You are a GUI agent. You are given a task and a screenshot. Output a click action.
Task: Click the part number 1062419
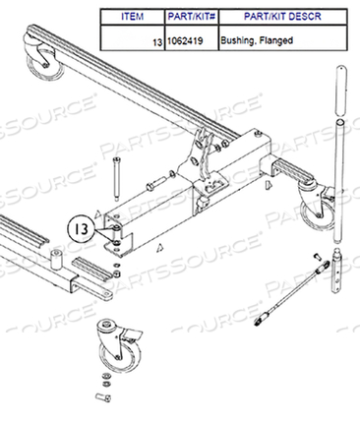(x=187, y=44)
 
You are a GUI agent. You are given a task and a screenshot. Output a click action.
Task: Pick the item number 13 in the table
(x=156, y=44)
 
